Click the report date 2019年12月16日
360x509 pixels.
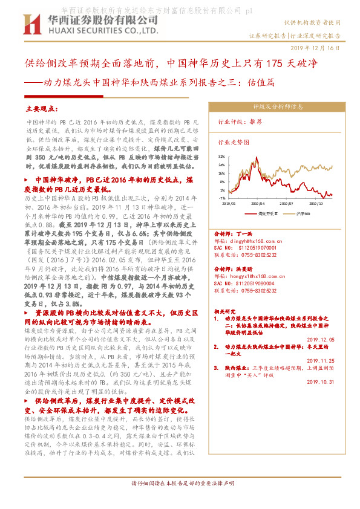[x=316, y=47]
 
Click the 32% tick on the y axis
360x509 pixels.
[x=222, y=156]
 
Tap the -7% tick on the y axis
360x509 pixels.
[x=222, y=198]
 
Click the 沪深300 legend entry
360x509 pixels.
[x=304, y=213]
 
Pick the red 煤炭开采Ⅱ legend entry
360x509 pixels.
[x=266, y=213]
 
